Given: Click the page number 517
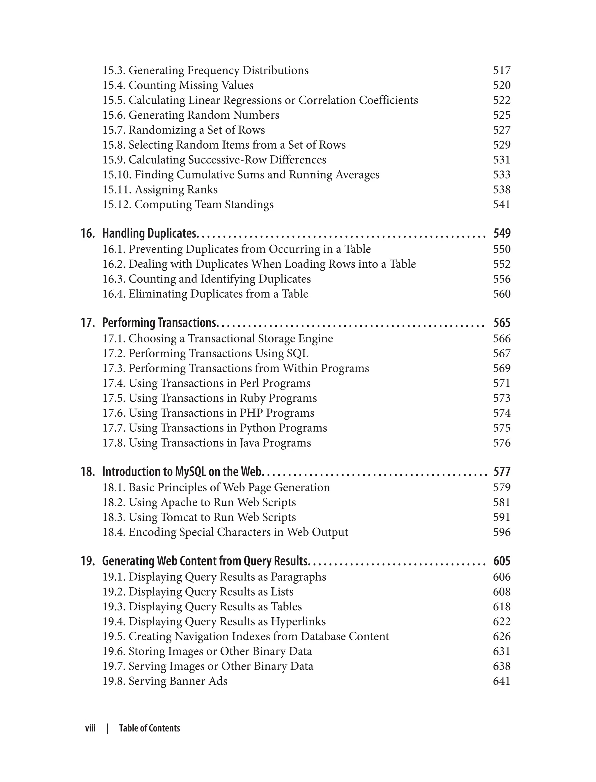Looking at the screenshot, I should coord(502,71).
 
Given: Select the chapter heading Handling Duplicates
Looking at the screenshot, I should coord(149,233).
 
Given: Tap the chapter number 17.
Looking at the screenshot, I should coord(88,323).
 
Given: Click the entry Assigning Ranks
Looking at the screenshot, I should coord(176,190).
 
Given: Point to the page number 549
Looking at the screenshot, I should coord(502,233).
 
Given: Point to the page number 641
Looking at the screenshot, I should coord(502,681).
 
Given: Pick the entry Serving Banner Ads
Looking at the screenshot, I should coord(178,681).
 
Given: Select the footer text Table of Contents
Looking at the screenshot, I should coord(149,728).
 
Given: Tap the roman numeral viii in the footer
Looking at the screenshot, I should coord(91,728).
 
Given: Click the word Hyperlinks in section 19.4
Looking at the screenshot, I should coord(298,622).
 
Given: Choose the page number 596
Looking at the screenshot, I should coord(502,532).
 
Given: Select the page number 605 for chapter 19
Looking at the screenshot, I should coord(502,561).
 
